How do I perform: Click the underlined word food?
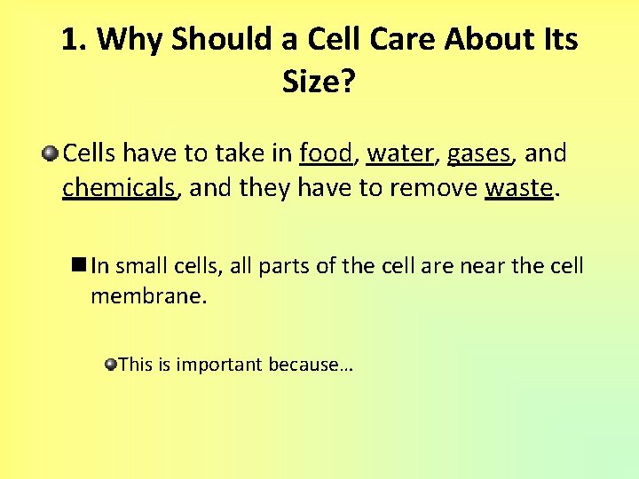tap(326, 153)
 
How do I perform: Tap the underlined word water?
tap(399, 153)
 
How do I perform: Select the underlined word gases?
tap(479, 153)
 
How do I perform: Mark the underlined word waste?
tap(518, 188)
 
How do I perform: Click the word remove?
tap(430, 188)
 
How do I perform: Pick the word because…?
tap(311, 364)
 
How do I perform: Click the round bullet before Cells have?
tap(50, 154)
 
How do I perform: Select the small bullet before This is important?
tap(111, 364)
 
